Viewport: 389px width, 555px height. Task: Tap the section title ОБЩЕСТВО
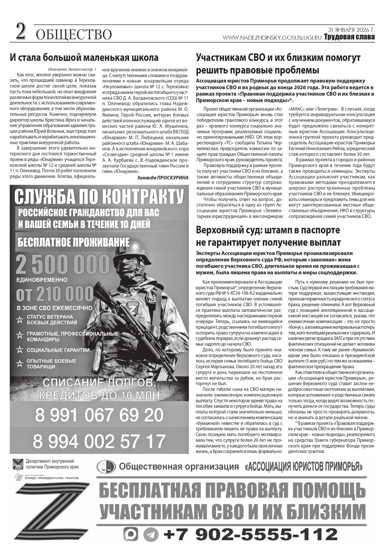74,35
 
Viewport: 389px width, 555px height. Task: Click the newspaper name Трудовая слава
349,37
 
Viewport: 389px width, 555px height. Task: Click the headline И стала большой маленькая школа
84,57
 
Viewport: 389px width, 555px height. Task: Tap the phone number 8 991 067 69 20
99,415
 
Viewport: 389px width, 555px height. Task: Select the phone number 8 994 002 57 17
99,441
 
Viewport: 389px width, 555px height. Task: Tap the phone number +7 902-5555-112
250,534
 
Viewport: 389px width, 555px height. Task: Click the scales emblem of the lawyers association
106,467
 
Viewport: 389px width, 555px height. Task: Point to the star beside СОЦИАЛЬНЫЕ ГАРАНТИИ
20,350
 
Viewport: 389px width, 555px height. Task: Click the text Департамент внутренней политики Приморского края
52,464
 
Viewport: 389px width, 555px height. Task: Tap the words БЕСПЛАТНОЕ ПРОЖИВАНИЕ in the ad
73,242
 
